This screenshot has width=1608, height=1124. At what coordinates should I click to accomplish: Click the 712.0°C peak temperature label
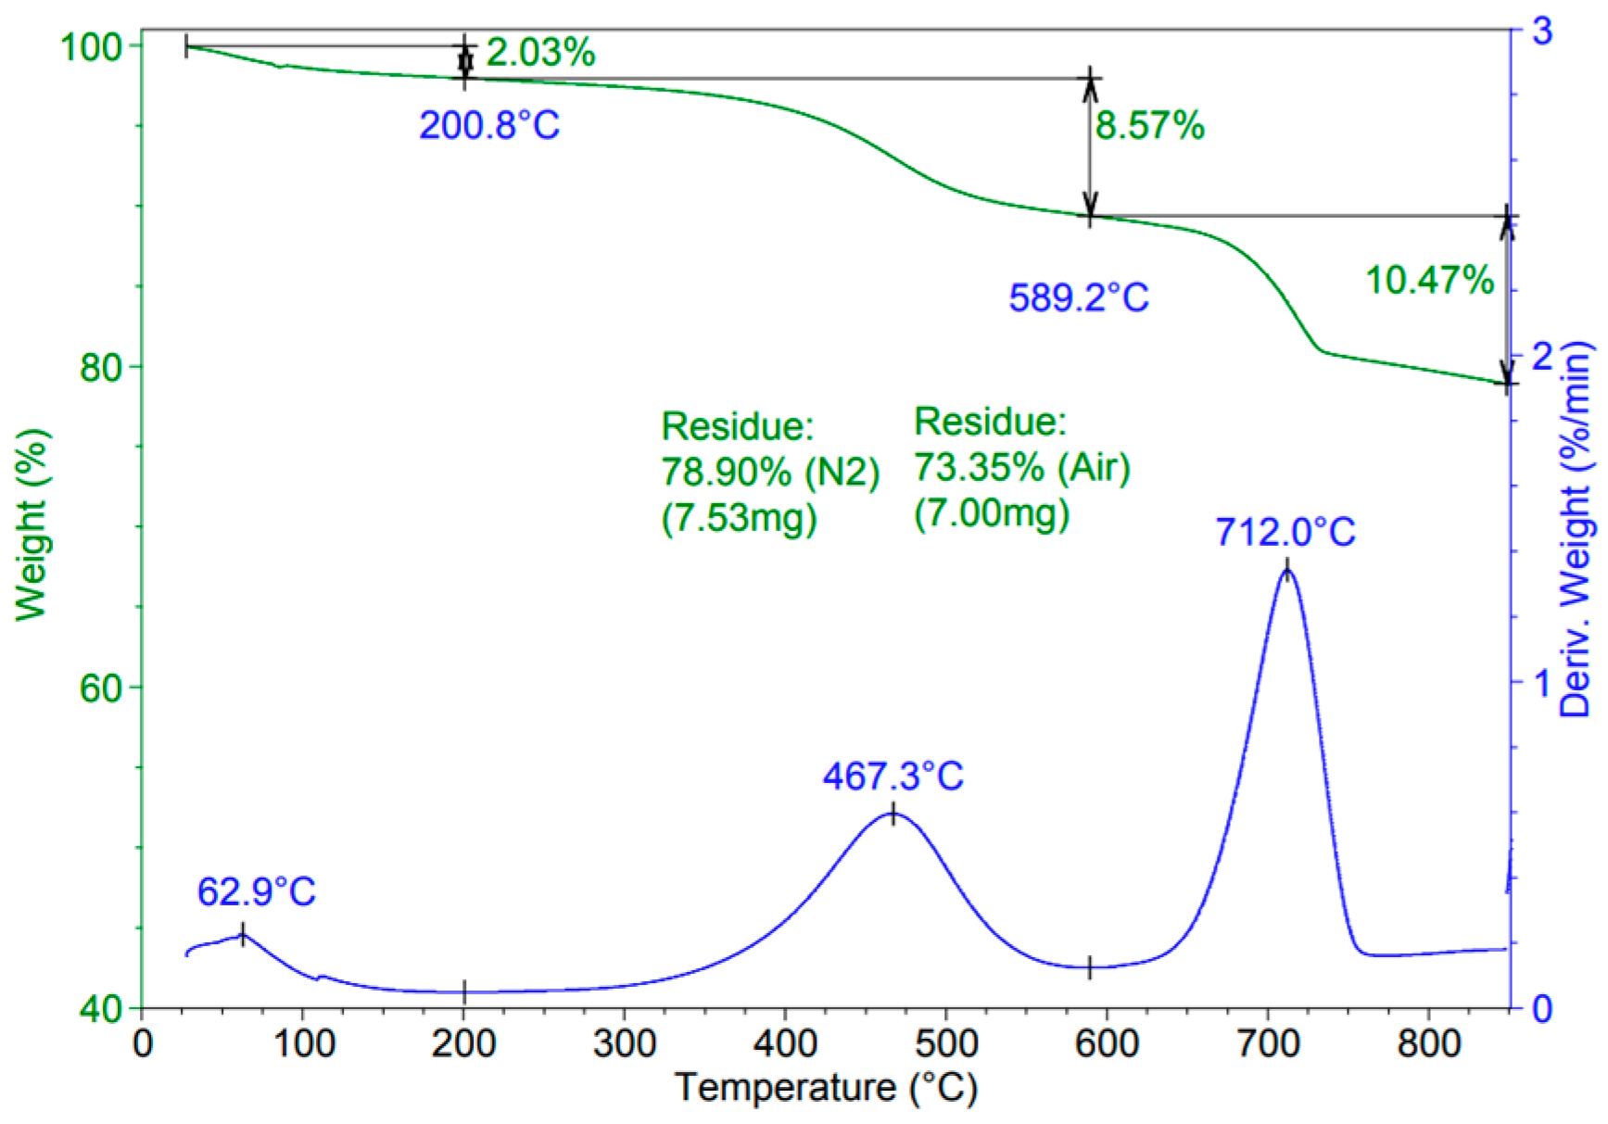coord(1285,533)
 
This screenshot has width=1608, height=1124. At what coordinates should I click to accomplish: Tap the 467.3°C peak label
coord(893,777)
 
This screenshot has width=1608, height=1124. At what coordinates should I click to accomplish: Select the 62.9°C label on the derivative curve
coord(256,892)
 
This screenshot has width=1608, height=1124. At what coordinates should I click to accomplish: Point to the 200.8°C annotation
coord(489,125)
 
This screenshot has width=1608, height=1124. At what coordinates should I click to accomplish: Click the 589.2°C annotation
coord(1079,298)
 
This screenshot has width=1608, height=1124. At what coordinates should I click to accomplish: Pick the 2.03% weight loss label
coord(540,52)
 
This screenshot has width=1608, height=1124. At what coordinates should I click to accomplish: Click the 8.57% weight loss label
coord(1149,125)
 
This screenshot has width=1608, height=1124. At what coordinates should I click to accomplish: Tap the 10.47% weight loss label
coord(1429,280)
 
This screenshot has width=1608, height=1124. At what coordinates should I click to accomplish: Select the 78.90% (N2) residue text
coord(769,472)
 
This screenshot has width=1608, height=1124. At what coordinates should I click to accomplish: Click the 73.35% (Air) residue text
coord(1021,467)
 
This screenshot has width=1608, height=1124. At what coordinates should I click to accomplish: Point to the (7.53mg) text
coord(739,517)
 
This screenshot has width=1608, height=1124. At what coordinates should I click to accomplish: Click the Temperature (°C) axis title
coord(826,1088)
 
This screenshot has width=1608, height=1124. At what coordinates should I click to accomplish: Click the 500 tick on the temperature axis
coord(945,1043)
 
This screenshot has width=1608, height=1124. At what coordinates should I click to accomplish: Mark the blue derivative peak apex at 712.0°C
coord(1285,571)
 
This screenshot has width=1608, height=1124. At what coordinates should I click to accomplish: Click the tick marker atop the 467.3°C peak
coord(893,814)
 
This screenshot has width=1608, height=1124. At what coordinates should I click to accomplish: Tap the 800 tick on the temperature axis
coord(1428,1043)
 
